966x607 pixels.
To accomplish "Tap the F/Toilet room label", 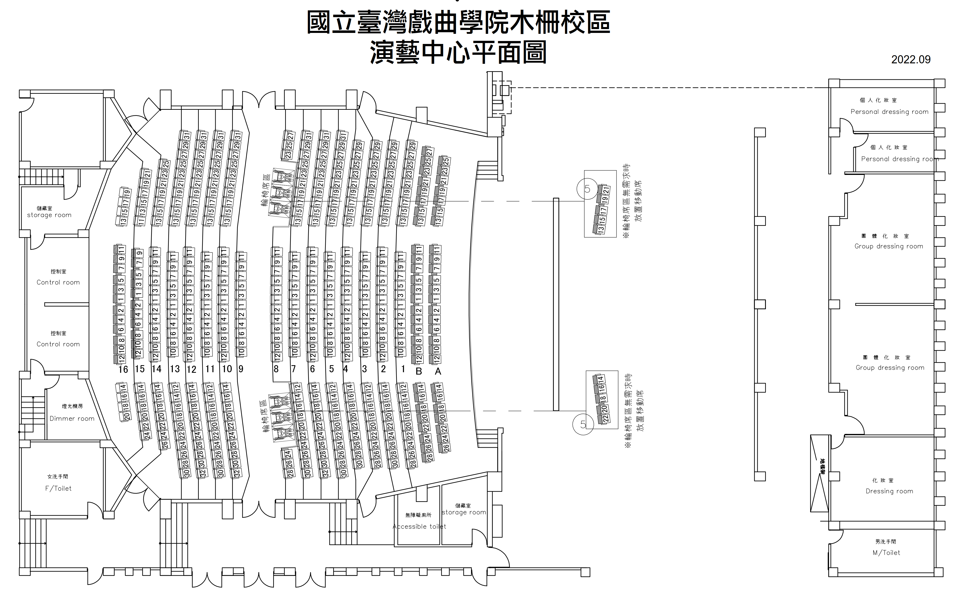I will click(x=58, y=488).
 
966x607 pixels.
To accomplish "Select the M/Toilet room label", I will click(x=886, y=552).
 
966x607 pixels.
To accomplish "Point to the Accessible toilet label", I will click(x=419, y=526).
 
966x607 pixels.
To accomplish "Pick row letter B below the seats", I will click(x=419, y=371).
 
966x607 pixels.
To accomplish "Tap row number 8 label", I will click(x=276, y=369).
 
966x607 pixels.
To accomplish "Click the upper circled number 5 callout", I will click(x=587, y=189).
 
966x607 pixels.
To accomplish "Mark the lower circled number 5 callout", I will click(x=583, y=424).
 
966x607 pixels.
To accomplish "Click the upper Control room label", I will click(x=58, y=282).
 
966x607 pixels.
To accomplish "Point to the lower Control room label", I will click(x=58, y=344).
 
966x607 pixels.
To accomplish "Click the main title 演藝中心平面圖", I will click(x=458, y=53).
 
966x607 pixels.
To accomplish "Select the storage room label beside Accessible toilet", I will click(x=464, y=512).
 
